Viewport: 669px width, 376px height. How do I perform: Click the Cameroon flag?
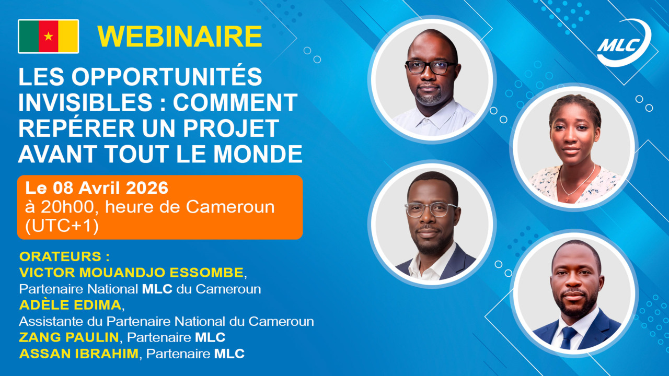(x=49, y=37)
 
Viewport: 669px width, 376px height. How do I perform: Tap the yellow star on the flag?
(x=49, y=37)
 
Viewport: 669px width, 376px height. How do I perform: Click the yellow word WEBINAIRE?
(x=179, y=37)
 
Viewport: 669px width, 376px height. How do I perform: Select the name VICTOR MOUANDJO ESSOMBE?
(x=131, y=273)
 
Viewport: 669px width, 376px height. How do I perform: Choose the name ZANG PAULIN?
(x=69, y=337)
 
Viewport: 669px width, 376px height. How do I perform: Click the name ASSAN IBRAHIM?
(x=79, y=354)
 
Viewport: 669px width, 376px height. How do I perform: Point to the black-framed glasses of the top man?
(x=431, y=67)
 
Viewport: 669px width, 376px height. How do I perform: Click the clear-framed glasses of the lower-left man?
(x=431, y=209)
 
